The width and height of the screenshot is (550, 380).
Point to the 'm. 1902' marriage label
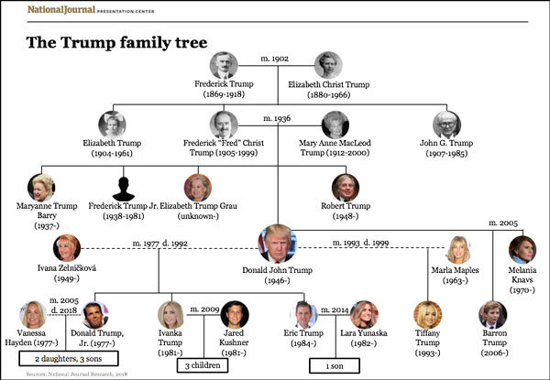click(275, 59)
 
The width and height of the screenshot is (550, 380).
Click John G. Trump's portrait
click(446, 124)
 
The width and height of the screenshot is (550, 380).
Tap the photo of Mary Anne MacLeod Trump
click(335, 125)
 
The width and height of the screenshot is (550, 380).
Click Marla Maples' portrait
click(457, 250)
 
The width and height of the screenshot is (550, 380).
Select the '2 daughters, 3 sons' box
click(64, 357)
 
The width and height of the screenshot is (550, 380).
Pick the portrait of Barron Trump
click(493, 313)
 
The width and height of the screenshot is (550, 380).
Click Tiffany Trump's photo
click(426, 313)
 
